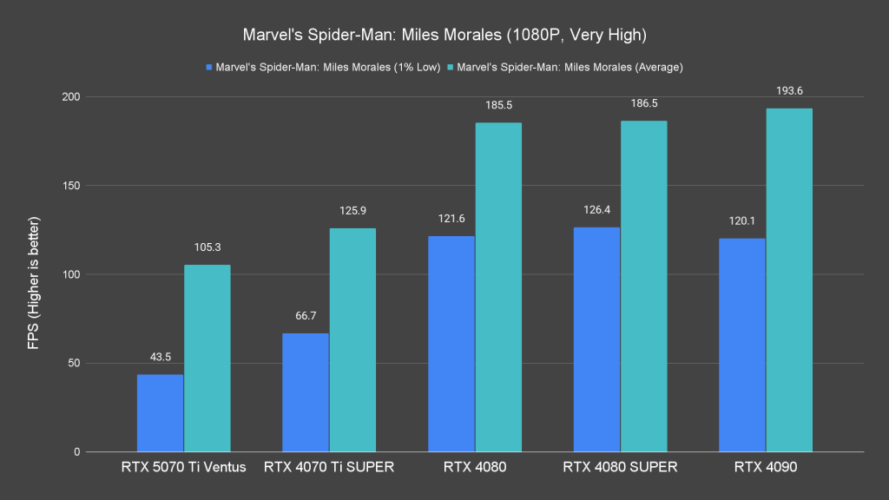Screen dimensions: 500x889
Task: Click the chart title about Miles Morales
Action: pyautogui.click(x=444, y=36)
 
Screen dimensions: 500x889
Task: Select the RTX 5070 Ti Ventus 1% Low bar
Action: pyautogui.click(x=160, y=413)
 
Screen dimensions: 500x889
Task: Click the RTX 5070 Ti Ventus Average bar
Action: pyautogui.click(x=207, y=358)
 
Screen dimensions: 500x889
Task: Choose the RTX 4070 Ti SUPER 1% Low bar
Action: pyautogui.click(x=306, y=392)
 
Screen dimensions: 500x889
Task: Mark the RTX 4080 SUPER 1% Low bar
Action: pyautogui.click(x=596, y=339)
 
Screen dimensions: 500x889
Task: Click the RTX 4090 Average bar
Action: pyautogui.click(x=789, y=280)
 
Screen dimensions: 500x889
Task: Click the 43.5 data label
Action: pyautogui.click(x=160, y=358)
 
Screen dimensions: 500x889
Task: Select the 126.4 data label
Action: pyautogui.click(x=596, y=210)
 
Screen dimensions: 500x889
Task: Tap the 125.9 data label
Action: pyautogui.click(x=352, y=211)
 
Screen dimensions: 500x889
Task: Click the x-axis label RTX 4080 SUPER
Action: pyautogui.click(x=620, y=468)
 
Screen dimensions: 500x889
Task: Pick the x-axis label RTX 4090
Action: pyautogui.click(x=766, y=468)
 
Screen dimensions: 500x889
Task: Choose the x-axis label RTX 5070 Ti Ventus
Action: pyautogui.click(x=183, y=468)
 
